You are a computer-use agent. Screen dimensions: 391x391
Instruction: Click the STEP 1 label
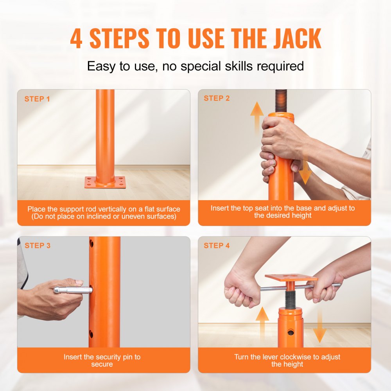[37, 99]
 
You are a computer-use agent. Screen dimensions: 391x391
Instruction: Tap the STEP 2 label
[217, 98]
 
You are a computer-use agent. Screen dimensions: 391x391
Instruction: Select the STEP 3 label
[38, 246]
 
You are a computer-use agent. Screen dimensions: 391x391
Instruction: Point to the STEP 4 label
[217, 246]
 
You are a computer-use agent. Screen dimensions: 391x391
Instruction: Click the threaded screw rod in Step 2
[281, 101]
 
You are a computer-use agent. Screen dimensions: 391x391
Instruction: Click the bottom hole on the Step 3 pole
[91, 334]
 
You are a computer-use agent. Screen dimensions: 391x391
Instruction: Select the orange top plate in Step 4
[291, 278]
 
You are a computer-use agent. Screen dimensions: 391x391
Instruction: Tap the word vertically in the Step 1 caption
[111, 209]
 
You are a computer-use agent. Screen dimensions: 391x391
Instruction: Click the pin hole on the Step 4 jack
[291, 332]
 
